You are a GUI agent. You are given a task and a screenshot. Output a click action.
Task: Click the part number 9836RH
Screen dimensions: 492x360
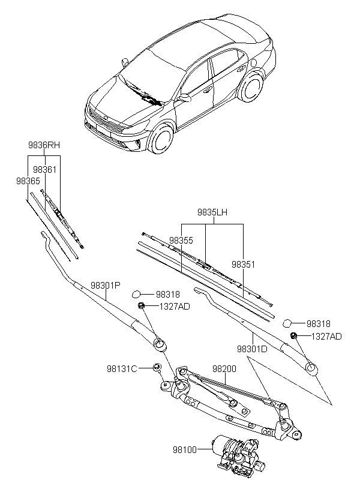click(x=44, y=145)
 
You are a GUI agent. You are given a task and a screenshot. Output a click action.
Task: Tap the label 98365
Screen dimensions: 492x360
click(x=28, y=180)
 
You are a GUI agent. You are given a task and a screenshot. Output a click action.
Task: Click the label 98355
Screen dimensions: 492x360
click(x=181, y=240)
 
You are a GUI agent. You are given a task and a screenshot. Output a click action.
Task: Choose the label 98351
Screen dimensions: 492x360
click(x=244, y=263)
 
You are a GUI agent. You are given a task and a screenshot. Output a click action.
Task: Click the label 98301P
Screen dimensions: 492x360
click(x=106, y=286)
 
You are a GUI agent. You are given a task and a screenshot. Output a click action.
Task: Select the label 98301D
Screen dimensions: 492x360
click(x=252, y=348)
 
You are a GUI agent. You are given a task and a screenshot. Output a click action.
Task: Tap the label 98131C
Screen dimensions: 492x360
click(x=122, y=368)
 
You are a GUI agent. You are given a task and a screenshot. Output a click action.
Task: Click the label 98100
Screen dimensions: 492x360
click(x=190, y=448)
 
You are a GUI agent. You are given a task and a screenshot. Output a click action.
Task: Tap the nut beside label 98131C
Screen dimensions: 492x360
click(x=156, y=367)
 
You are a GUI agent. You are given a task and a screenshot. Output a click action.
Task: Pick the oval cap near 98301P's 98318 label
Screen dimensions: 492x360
click(x=137, y=294)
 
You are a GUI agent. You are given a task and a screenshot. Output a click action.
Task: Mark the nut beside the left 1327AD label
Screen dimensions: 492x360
click(x=142, y=306)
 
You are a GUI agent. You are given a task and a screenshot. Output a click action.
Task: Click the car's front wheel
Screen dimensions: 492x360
click(x=160, y=141)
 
